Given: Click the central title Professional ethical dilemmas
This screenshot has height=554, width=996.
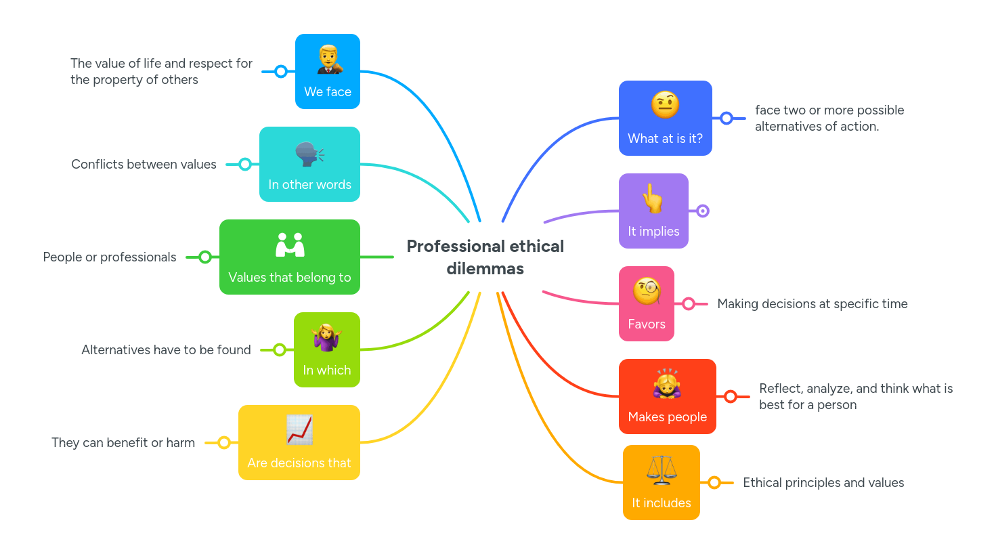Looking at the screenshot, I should pos(485,257).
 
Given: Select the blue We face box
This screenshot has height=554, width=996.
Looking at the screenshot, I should pos(328,72).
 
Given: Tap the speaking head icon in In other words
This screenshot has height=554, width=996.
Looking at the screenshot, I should pos(309,154).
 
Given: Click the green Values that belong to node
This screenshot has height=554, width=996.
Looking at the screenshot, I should pos(290,257).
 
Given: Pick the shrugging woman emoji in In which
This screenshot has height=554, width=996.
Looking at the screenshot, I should pos(327,338).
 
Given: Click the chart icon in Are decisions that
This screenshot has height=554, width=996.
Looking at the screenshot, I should pos(299,429).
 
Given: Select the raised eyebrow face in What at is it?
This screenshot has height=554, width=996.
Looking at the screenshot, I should pos(665,105).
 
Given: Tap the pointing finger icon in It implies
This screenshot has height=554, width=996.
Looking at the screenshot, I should pos(653,198).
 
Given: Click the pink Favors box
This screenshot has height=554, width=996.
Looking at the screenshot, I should pos(647,304).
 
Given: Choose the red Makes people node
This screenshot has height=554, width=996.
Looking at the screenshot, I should pos(668,397).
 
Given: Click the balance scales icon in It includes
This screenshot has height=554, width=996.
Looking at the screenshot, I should pos(661,470).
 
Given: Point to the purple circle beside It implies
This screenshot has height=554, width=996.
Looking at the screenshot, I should pos(703,211).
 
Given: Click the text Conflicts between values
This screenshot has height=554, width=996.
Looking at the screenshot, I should pos(144,165).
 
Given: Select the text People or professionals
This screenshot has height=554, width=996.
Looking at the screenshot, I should pos(110,257).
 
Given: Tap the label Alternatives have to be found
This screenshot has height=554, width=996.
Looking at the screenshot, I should pos(166,350).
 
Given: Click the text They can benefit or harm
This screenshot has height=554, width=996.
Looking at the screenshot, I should pos(123,443).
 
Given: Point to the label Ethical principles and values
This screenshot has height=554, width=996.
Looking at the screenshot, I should pos(823,483).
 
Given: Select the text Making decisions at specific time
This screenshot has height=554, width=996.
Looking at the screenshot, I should pos(813,304).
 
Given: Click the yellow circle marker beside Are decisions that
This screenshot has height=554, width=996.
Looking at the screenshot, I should pos(224,443).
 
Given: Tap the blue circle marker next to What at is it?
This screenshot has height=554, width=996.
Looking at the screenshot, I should pos(727,119).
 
